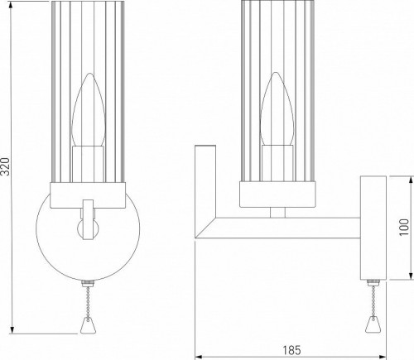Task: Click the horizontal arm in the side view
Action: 282,225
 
